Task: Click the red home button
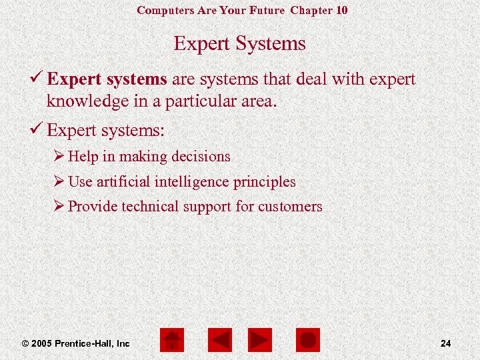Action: coord(172,340)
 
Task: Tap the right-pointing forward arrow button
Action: coord(259,340)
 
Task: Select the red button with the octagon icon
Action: coord(307,340)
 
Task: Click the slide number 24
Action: coord(446,343)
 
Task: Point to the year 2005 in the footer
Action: coord(41,343)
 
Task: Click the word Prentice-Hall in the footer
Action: coord(84,343)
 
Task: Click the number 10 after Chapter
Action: coord(341,10)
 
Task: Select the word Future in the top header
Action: coord(267,10)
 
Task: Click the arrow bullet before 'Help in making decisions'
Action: coord(59,157)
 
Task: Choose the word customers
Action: coord(290,207)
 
